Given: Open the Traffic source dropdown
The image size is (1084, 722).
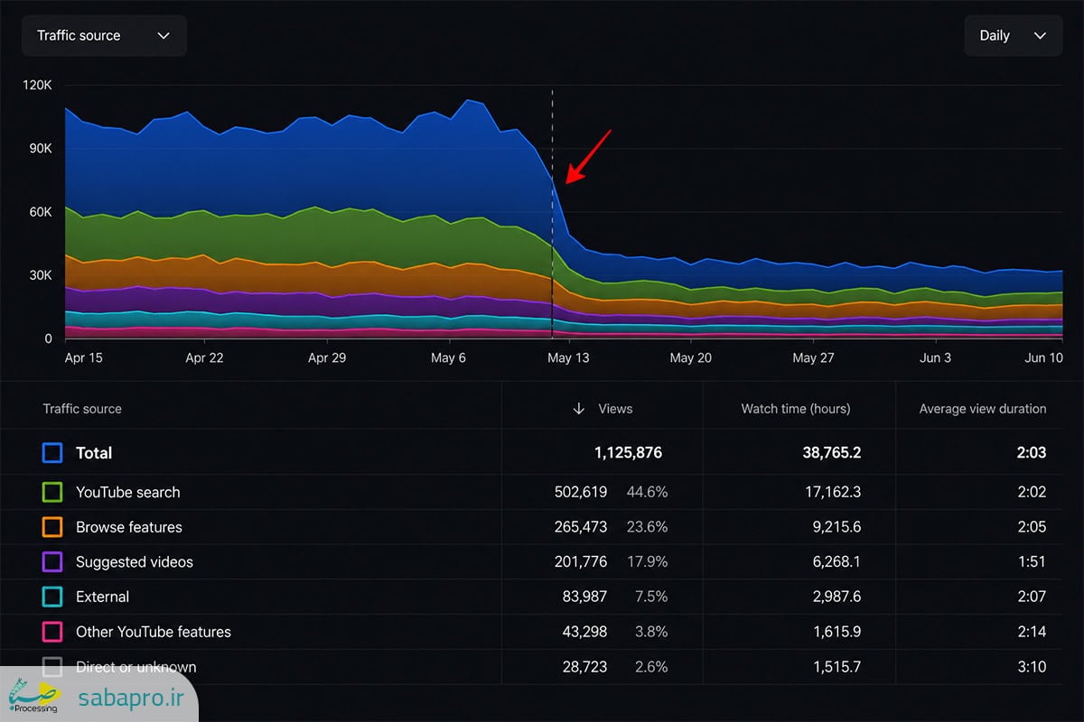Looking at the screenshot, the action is point(104,36).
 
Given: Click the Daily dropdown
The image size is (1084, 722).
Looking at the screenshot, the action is point(1014,36).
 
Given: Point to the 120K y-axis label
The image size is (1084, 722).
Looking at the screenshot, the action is point(37,85).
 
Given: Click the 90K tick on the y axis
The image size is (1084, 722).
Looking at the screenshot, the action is point(41,149).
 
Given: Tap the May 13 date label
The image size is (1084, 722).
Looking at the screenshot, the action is point(568,358).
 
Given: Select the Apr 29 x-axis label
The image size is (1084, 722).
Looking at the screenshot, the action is point(327,358).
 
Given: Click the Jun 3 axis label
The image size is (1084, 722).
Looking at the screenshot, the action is point(935,358).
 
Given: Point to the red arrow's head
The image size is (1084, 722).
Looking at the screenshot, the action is point(567,182).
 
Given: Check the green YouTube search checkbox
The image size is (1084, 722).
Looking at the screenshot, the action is point(52,492).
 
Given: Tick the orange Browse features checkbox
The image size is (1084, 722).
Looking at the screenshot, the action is point(52,527).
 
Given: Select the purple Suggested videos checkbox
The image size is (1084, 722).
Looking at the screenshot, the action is point(52,562).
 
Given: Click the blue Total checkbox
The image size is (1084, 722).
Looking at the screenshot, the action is point(52,453).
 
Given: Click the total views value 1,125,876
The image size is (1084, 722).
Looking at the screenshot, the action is point(628,453).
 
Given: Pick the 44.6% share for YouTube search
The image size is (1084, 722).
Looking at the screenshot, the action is point(647,492).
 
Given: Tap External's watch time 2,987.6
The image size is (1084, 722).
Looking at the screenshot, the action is point(836,597).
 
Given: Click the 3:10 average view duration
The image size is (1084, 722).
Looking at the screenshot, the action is point(1032,667).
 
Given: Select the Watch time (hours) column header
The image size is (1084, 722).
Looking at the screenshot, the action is point(796,409).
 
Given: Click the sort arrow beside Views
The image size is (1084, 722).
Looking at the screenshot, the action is point(578,409).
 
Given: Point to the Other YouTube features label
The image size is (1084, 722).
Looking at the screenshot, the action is point(154,632).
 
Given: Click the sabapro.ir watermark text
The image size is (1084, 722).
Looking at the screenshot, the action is point(131,698).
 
